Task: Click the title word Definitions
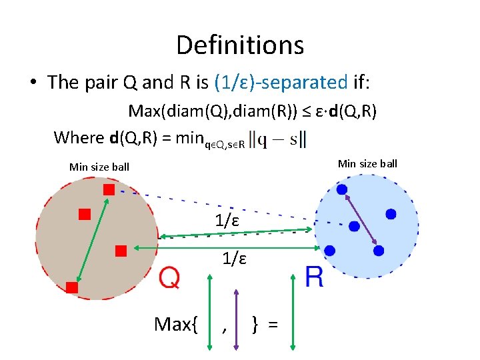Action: [240, 45]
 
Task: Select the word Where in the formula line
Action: [78, 138]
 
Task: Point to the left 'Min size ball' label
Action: [99, 167]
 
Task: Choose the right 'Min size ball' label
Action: [367, 163]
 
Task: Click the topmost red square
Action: [109, 190]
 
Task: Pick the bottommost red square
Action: [72, 287]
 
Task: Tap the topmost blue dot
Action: [342, 189]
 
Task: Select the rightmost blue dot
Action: [391, 214]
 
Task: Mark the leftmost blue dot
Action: [330, 251]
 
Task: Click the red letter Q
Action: [170, 277]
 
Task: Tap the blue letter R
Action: [314, 277]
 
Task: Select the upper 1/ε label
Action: [227, 220]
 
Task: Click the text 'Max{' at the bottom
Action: [177, 325]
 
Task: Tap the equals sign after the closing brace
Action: [273, 325]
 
